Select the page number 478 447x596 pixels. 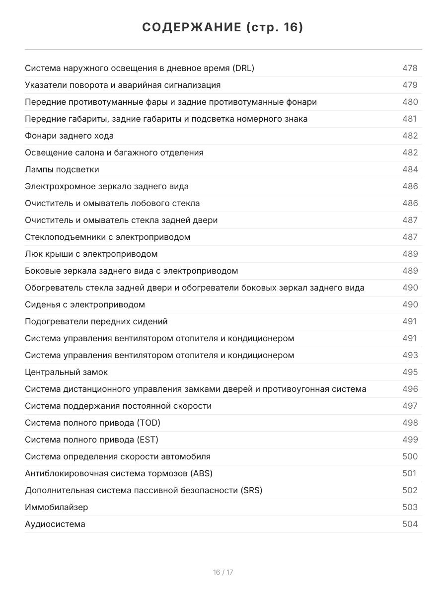click(410, 69)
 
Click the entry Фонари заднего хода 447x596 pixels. click(69, 136)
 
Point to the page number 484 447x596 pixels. click(410, 170)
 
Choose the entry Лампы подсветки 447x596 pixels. click(62, 170)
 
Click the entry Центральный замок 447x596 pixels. click(66, 372)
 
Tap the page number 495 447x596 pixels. click(410, 372)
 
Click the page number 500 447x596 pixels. click(410, 457)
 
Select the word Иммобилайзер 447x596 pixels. click(57, 508)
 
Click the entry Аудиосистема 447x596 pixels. click(55, 524)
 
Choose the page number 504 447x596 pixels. click(410, 524)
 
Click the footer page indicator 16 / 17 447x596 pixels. click(223, 572)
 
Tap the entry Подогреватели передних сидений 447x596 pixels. click(96, 322)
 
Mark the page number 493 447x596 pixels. click(410, 356)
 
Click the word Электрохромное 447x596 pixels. click(57, 187)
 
